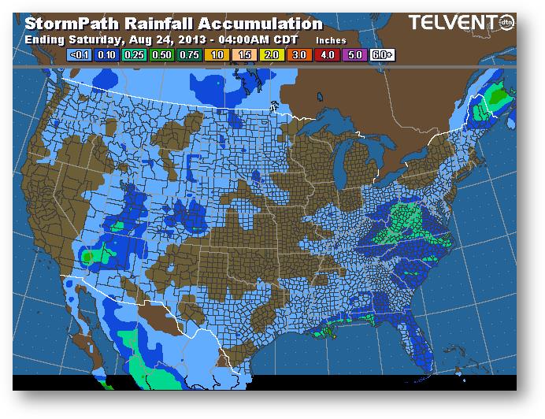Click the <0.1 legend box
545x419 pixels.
[x=80, y=55]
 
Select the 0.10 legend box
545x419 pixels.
[x=107, y=55]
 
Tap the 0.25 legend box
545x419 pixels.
[x=134, y=55]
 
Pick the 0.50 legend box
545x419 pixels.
[x=161, y=55]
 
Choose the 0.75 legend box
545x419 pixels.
[x=189, y=55]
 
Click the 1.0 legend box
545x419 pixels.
[x=216, y=55]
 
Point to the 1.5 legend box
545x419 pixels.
[x=243, y=55]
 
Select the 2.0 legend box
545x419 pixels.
[x=271, y=55]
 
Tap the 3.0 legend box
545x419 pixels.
[x=298, y=55]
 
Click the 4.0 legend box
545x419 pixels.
[x=325, y=55]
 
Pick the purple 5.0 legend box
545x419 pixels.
[x=353, y=55]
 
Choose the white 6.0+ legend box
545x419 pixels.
[x=381, y=55]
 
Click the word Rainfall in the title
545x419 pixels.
[x=154, y=24]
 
